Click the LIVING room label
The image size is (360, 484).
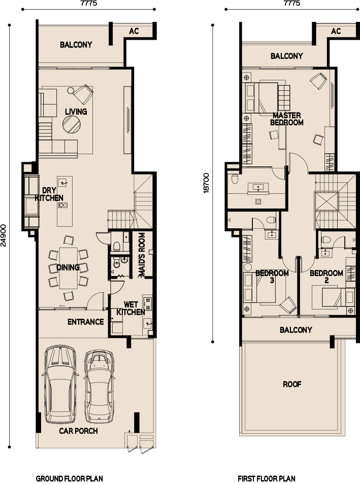76,112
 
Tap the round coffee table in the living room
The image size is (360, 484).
71,124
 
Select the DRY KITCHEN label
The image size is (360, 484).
49,194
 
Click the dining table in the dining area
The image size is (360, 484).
69,267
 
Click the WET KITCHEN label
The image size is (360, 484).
131,308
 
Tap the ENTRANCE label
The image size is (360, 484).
86,322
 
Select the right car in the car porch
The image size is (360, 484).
99,386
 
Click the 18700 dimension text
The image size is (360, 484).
206,181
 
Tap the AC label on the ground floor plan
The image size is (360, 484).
134,31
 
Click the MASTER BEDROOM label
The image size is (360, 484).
287,119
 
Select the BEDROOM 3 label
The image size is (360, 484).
272,276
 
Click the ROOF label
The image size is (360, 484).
292,384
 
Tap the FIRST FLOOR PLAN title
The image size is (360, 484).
266,478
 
